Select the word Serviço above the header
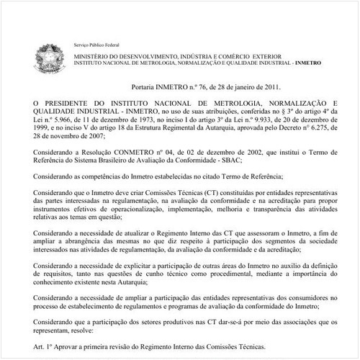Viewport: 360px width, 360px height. (84, 45)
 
